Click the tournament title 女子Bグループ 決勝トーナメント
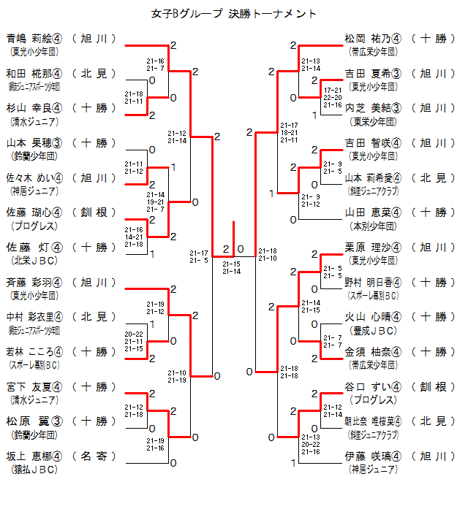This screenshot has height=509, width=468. pyautogui.click(x=234, y=14)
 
